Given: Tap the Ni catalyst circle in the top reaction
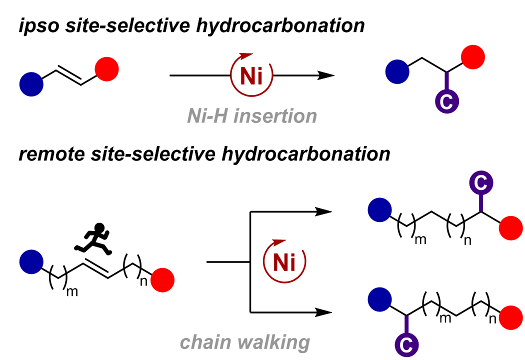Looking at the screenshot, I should pos(251,75).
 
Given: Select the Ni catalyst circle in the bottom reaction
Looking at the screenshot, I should pos(284,261).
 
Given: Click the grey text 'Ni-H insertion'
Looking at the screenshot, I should pos(252,116).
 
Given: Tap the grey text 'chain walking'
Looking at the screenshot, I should pos(245,342).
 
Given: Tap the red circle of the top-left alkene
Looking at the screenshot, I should pos(106,69).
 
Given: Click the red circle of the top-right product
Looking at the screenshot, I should pos(472,57).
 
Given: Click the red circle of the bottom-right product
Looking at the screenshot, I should pos(511,316).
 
